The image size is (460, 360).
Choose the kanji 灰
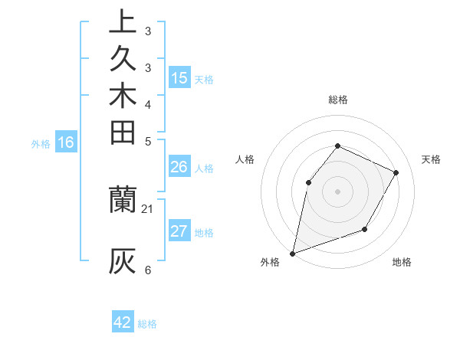(123, 260)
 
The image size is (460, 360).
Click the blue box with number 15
(179, 77)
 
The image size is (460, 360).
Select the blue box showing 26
(179, 166)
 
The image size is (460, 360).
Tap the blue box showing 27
(179, 231)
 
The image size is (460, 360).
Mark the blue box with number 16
(66, 142)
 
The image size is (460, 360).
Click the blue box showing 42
(123, 322)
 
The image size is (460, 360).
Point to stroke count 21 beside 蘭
(148, 208)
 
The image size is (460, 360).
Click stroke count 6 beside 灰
(147, 270)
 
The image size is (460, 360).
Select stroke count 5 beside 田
(147, 141)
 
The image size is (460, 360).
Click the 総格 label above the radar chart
(337, 100)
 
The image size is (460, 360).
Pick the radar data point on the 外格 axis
(292, 253)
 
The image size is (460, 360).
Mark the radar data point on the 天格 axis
(396, 172)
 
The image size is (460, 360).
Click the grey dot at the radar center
(337, 191)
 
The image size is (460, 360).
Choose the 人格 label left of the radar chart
(245, 159)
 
